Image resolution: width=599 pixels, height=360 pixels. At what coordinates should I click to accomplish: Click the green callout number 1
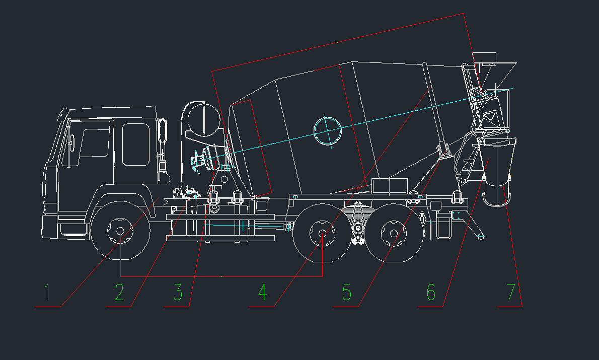click(x=47, y=292)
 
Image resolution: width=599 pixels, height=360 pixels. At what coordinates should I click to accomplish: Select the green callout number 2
click(x=120, y=292)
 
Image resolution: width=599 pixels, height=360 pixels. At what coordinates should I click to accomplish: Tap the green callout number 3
click(x=178, y=292)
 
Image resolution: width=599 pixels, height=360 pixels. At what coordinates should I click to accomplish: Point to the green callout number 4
click(x=262, y=292)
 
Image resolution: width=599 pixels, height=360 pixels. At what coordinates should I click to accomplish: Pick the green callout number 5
click(x=347, y=292)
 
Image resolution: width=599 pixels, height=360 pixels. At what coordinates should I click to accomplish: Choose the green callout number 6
click(x=431, y=292)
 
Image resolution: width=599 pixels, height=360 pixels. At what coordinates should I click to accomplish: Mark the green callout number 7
click(x=511, y=292)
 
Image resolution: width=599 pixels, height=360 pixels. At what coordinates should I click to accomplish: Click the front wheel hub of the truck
click(x=120, y=231)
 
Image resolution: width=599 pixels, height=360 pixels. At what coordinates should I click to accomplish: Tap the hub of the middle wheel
click(x=323, y=233)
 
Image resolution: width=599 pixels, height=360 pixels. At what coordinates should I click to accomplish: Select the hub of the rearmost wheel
click(x=394, y=233)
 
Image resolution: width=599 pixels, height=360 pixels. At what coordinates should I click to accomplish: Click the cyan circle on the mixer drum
click(x=327, y=131)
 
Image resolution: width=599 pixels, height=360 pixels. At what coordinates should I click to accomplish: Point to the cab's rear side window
click(x=135, y=145)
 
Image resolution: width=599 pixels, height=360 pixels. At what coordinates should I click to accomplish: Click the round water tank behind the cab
click(x=204, y=119)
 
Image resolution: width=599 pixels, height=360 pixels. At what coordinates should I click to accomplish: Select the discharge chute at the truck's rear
click(x=497, y=172)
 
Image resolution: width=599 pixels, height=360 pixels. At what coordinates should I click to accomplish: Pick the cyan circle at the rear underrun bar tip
click(x=481, y=237)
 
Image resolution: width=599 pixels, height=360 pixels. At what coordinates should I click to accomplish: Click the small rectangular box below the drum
click(x=389, y=186)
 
